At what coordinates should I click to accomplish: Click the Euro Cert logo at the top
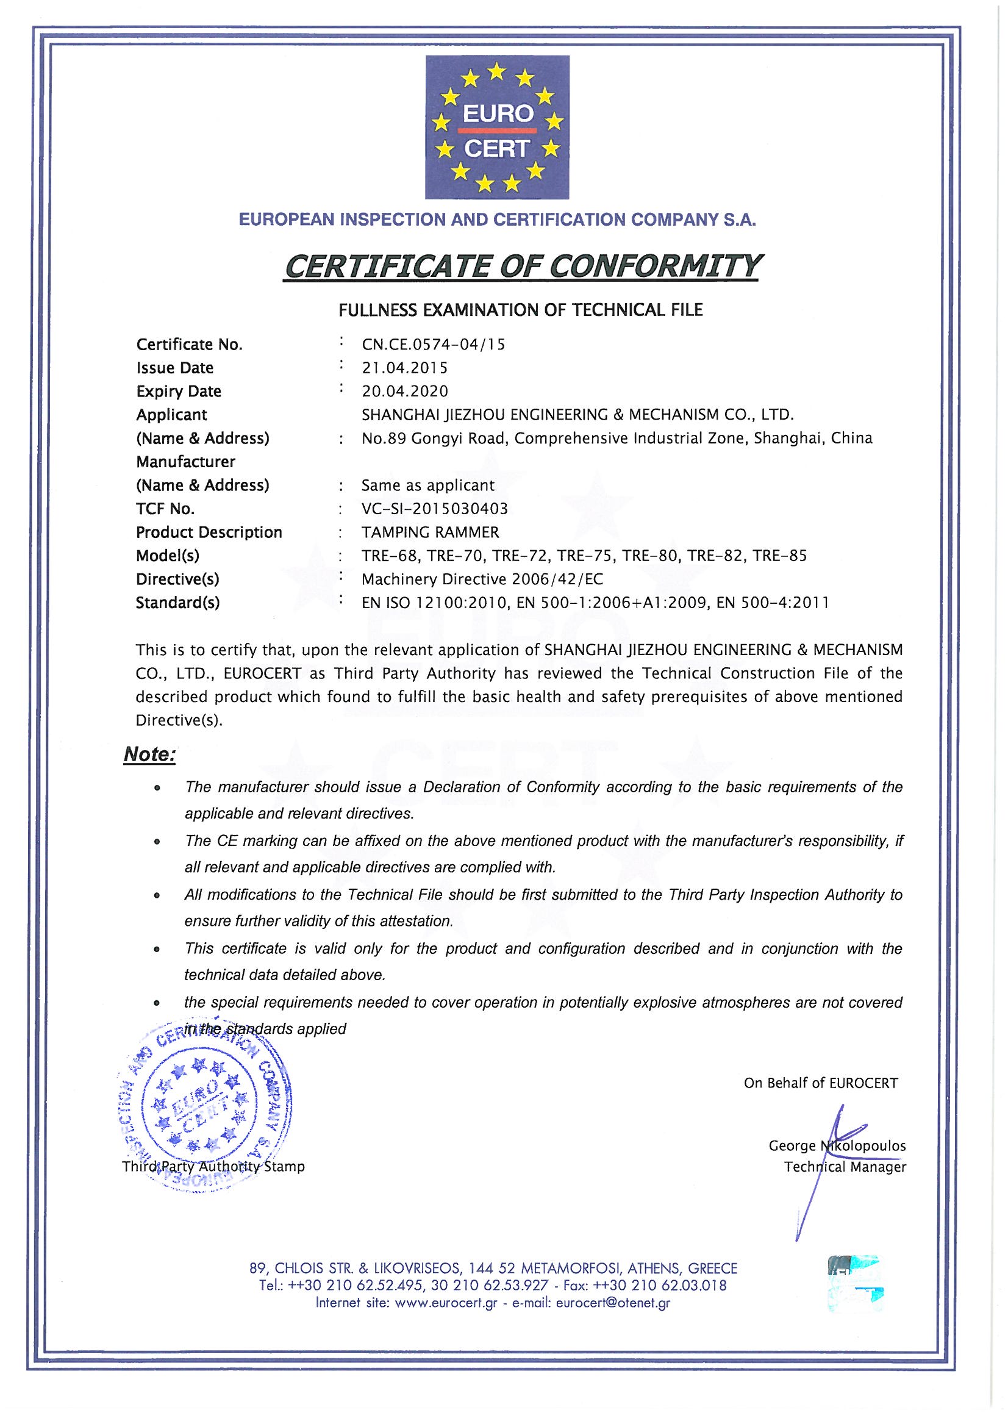(x=497, y=127)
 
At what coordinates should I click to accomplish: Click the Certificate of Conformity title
(x=521, y=266)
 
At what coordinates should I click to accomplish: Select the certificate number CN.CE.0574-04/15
(x=433, y=345)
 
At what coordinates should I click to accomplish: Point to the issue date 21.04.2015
(x=404, y=368)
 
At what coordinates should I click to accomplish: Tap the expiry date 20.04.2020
(x=404, y=392)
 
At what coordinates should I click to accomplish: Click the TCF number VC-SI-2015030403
(x=435, y=509)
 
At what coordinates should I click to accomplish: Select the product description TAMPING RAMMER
(x=431, y=533)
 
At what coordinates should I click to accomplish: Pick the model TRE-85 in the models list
(x=779, y=556)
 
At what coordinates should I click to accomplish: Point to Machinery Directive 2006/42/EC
(x=482, y=579)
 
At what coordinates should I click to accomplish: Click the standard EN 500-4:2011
(x=772, y=603)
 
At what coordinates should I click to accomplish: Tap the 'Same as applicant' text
(x=428, y=485)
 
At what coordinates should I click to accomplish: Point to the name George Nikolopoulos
(x=837, y=1146)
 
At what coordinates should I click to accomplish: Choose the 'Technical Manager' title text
(x=845, y=1167)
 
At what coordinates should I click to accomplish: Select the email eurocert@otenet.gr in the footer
(x=613, y=1303)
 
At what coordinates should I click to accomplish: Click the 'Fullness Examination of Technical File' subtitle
(x=520, y=310)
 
